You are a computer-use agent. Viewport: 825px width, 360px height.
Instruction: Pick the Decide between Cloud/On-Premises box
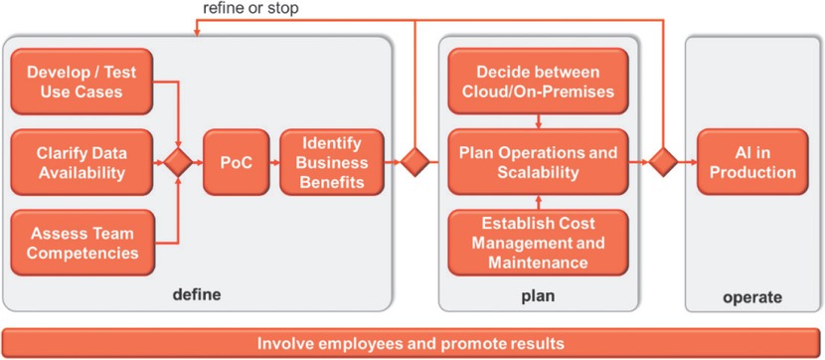pyautogui.click(x=538, y=82)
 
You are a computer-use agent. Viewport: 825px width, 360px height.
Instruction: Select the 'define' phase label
pyautogui.click(x=196, y=295)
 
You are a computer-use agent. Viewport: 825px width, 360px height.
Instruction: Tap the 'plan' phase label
pyautogui.click(x=538, y=295)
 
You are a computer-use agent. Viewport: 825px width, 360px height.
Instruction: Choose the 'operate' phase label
pyautogui.click(x=752, y=295)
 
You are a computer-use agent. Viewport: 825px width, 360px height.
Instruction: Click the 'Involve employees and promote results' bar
pyautogui.click(x=411, y=343)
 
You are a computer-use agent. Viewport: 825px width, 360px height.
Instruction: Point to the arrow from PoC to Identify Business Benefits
pyautogui.click(x=269, y=161)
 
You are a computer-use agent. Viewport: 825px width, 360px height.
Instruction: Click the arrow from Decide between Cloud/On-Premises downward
pyautogui.click(x=538, y=120)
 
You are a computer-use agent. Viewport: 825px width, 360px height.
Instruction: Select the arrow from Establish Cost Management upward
pyautogui.click(x=538, y=201)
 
